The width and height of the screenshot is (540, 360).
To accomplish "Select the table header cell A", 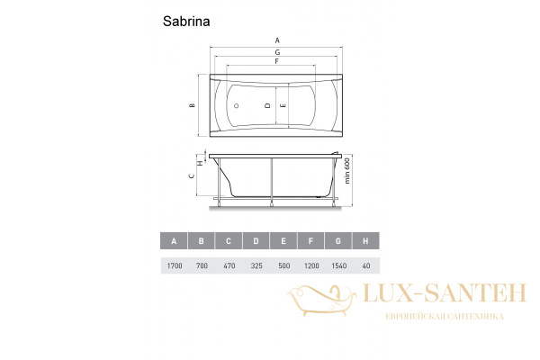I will [173, 240].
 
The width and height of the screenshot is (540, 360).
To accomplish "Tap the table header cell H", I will [365, 240].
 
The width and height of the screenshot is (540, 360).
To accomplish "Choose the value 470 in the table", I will [229, 265].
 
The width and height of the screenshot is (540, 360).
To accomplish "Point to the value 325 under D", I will [256, 265].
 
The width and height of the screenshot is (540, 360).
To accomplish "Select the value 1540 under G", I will [337, 265].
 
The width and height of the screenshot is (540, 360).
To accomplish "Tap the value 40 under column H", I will [365, 265].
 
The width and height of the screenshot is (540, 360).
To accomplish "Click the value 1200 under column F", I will [310, 265].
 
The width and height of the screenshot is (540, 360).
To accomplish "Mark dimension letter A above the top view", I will [277, 40].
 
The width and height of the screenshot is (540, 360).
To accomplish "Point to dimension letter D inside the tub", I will [267, 105].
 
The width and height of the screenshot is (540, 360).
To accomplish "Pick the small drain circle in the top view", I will [236, 105].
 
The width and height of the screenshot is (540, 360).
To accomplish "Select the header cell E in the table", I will [283, 240].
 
